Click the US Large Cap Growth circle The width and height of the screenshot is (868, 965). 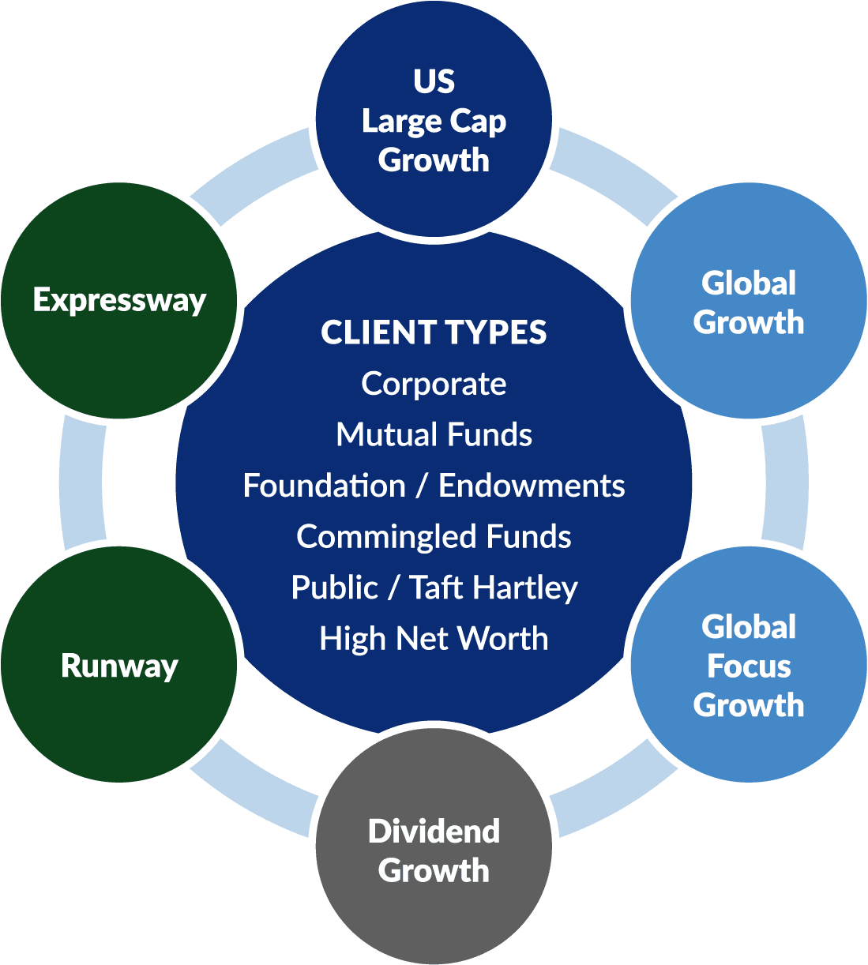point(434,118)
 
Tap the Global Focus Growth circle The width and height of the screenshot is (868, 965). point(748,665)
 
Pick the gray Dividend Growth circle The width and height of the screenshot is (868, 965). point(434,849)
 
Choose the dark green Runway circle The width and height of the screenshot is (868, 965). point(119,665)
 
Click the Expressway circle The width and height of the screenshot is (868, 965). point(119,300)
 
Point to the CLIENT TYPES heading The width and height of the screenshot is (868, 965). point(434,332)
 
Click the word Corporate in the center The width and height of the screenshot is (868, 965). point(434,384)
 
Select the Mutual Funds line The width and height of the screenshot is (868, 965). point(434,434)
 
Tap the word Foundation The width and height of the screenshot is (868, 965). point(324,486)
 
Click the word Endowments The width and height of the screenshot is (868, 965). point(532,486)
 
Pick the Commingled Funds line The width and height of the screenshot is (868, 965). point(434,537)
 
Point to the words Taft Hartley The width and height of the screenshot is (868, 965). point(494,588)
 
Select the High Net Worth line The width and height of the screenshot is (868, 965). point(434,638)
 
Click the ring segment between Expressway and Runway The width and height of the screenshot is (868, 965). point(81,482)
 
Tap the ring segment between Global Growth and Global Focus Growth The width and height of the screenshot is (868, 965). point(786,482)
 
